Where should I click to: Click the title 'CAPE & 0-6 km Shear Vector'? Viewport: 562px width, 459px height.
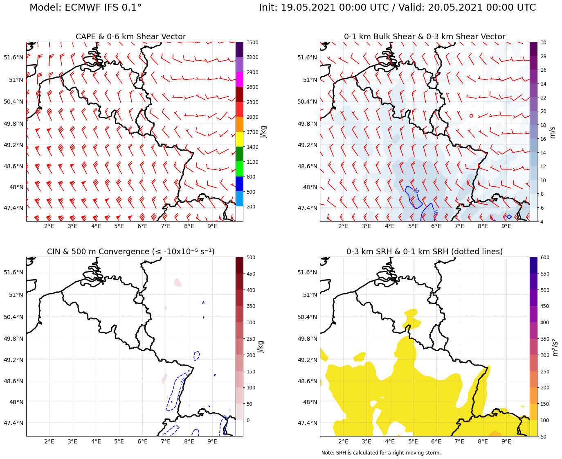point(130,37)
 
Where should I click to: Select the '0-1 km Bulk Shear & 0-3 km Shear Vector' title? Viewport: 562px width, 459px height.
point(424,37)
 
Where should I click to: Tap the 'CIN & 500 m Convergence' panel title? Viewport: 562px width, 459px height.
point(130,251)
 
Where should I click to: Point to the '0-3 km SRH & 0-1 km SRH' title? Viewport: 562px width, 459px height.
point(424,251)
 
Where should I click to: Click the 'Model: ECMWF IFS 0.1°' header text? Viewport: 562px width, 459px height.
point(85,8)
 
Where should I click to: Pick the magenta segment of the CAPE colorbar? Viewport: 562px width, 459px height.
point(239,79)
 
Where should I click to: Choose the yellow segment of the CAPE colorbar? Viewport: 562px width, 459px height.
point(239,139)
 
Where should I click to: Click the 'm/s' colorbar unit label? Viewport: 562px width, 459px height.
point(552,132)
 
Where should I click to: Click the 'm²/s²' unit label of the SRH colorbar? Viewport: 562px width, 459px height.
point(555,347)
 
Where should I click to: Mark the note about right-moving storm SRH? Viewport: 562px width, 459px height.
point(381,453)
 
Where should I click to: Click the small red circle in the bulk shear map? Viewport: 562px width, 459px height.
point(471,116)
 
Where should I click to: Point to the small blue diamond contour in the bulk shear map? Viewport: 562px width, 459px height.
point(509,217)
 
